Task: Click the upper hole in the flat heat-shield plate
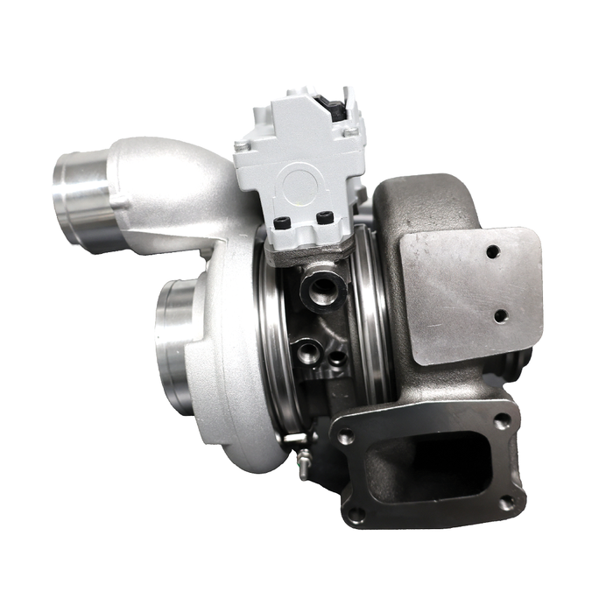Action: (494, 251)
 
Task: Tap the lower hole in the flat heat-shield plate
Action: (500, 315)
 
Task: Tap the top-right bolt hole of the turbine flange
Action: (500, 422)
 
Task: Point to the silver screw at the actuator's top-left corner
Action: (242, 146)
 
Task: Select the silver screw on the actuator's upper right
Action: (351, 131)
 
